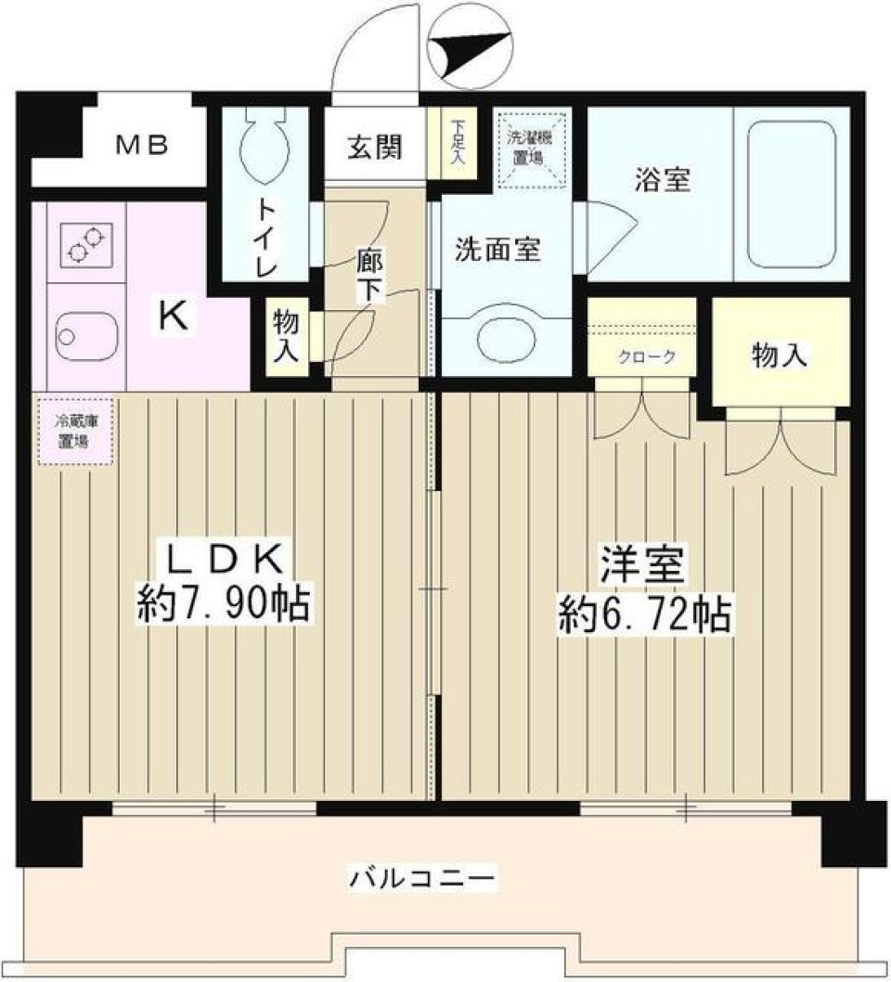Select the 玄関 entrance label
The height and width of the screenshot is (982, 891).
click(375, 147)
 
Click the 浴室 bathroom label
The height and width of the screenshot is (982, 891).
click(662, 180)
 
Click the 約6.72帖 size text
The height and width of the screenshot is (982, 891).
click(643, 614)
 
